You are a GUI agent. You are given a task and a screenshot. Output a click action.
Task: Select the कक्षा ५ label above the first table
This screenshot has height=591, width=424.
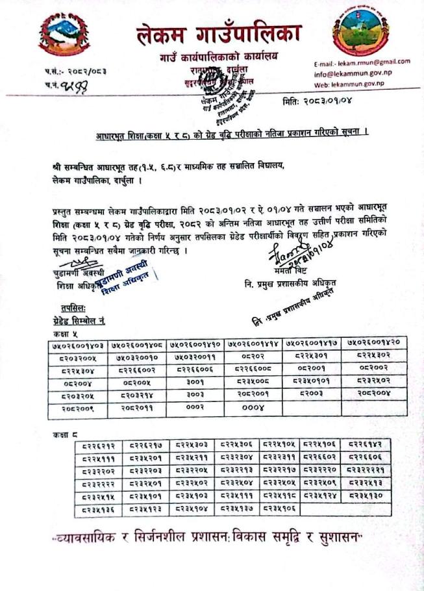[x=65, y=333]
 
